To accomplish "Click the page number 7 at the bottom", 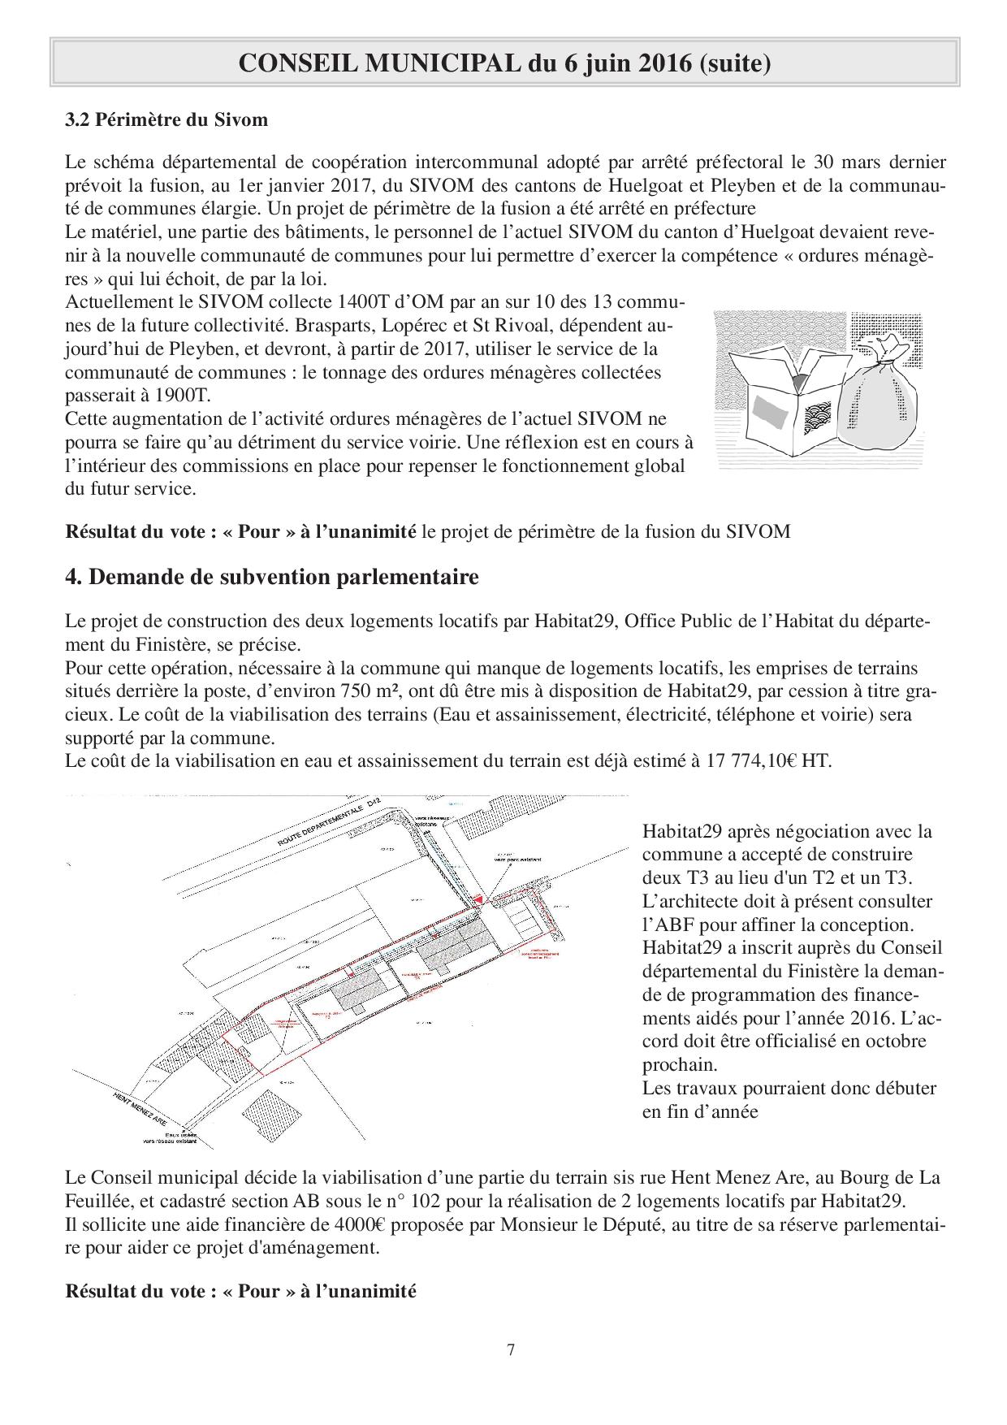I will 511,1351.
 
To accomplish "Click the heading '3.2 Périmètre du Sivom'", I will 166,120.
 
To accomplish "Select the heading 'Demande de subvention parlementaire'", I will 283,577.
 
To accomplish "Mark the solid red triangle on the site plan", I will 479,900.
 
